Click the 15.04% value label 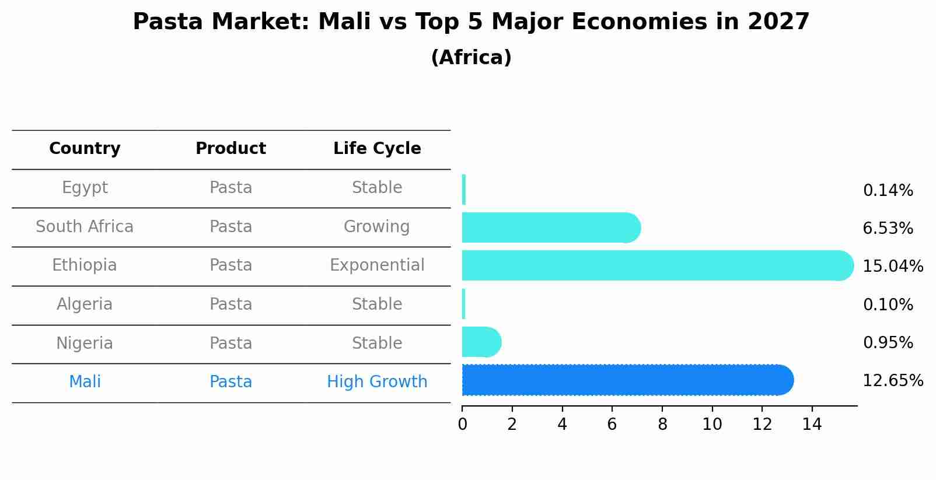892,267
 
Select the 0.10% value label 888,305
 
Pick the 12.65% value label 892,381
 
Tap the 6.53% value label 888,229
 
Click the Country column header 85,149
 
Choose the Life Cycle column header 377,149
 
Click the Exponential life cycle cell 377,265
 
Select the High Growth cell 377,382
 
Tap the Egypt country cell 85,188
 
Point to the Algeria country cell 85,304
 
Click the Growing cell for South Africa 377,227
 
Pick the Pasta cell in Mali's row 230,382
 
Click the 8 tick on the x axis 662,425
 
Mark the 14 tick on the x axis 812,425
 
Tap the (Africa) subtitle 471,58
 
